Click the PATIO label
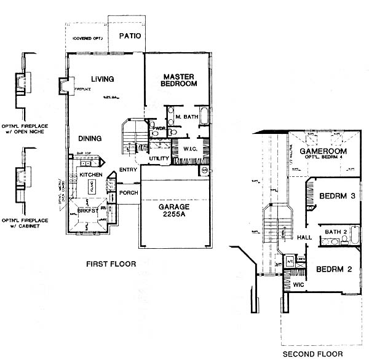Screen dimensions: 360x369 (x=130, y=36)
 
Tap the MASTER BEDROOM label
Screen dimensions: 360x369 (x=179, y=79)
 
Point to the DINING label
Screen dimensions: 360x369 (x=90, y=138)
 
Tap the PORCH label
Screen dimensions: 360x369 (x=129, y=192)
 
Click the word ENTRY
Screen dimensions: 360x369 (x=129, y=170)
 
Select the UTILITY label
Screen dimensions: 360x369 (x=159, y=159)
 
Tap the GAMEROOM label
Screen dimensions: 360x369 (x=323, y=151)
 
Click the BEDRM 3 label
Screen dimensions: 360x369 (x=338, y=196)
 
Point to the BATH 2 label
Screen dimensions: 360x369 (x=336, y=232)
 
